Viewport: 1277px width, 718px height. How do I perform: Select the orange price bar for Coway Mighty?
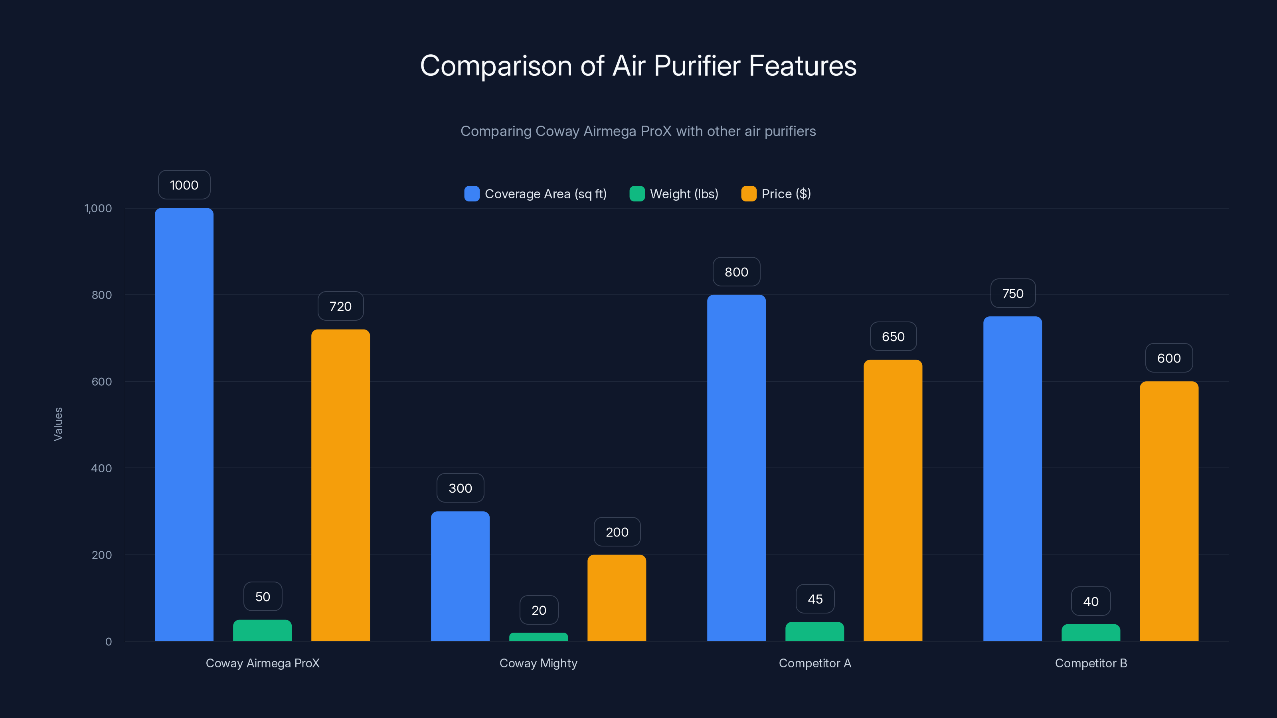coord(617,598)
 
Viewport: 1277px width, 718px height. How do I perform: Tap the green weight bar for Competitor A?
coord(814,631)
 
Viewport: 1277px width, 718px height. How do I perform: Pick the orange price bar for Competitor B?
coord(1169,511)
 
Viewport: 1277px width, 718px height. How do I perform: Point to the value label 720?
coord(340,306)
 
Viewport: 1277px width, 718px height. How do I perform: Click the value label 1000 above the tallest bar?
coord(184,185)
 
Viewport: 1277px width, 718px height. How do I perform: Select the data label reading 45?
coord(815,599)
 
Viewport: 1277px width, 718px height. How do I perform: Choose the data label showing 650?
coord(893,336)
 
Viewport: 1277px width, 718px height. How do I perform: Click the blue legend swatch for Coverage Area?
coord(471,194)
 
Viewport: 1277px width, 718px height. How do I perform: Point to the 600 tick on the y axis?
coord(102,382)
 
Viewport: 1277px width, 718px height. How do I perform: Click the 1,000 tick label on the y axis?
coord(98,208)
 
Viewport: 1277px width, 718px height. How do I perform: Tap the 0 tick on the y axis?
coord(109,642)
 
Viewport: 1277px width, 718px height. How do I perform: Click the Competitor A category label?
coord(814,663)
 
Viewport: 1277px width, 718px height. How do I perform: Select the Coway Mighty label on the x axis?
coord(538,663)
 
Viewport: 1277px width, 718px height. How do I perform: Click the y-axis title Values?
coord(58,424)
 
